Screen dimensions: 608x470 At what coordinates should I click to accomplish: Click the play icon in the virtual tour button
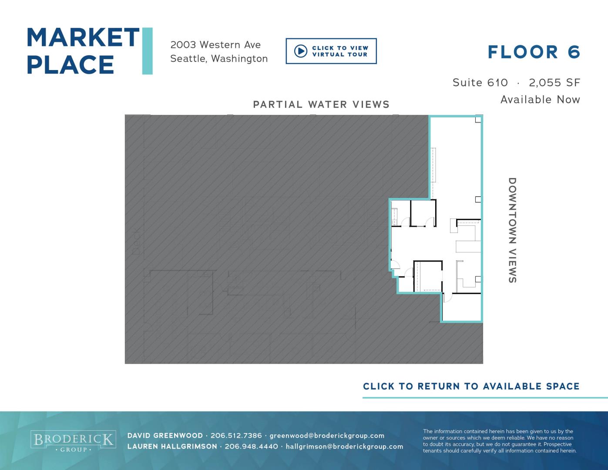click(301, 51)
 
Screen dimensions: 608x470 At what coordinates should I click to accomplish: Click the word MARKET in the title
click(83, 37)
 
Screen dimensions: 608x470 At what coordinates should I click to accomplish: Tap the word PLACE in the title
click(70, 64)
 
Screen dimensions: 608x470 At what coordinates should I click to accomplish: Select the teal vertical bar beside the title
click(148, 51)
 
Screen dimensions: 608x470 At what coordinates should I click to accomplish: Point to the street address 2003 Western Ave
click(215, 45)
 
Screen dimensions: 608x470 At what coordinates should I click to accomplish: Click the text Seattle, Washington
click(219, 59)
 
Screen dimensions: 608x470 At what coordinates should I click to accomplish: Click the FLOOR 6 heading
click(534, 52)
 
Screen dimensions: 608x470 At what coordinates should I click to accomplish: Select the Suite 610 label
click(480, 83)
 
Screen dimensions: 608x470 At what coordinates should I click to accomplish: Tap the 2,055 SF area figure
click(554, 83)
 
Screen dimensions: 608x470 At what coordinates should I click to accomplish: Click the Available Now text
click(540, 100)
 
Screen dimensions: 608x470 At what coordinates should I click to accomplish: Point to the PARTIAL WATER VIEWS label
click(321, 104)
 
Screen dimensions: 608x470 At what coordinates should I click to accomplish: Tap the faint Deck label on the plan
click(136, 241)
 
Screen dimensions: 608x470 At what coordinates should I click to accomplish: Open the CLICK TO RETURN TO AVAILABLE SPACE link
click(471, 386)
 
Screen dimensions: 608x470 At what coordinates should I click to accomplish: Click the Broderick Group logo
click(73, 441)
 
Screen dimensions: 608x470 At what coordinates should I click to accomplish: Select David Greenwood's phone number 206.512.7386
click(236, 436)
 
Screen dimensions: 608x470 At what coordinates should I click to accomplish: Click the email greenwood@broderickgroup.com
click(327, 436)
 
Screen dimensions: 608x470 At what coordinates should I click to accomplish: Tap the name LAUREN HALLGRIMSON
click(172, 446)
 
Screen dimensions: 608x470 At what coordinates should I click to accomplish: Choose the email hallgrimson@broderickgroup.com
click(344, 446)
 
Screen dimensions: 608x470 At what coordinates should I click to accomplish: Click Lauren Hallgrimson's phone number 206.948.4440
click(251, 446)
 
